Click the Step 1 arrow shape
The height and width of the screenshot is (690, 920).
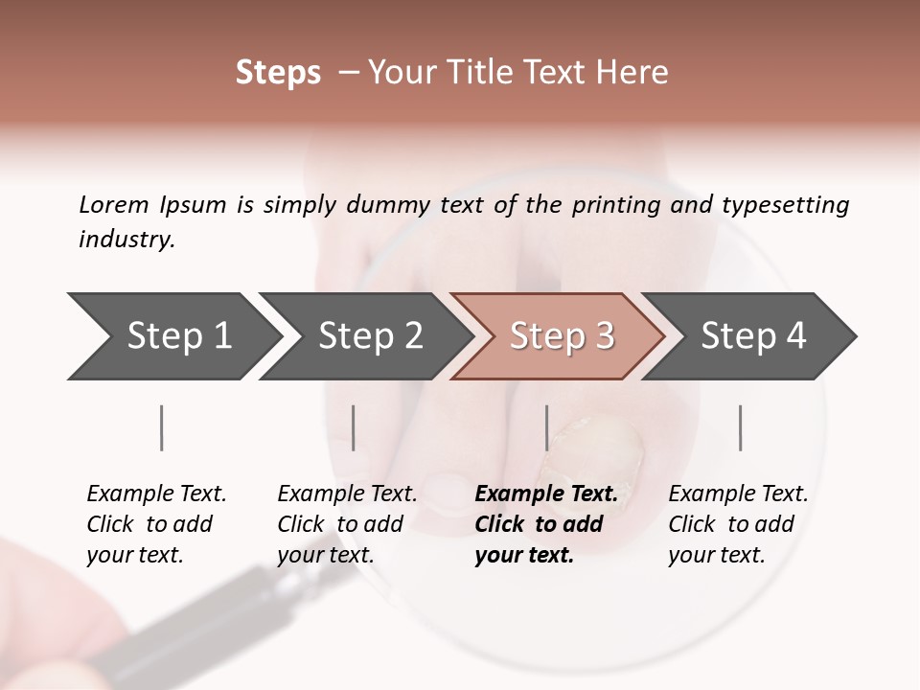(x=172, y=335)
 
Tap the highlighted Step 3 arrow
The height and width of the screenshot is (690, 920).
(x=560, y=335)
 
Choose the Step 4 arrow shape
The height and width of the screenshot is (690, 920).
(x=752, y=335)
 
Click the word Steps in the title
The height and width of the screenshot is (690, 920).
(x=278, y=73)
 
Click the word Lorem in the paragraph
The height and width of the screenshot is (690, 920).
(x=113, y=204)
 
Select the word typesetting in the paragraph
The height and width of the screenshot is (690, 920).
(x=786, y=204)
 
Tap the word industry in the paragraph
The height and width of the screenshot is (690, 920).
(x=126, y=239)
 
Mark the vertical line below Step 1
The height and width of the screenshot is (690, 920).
(x=161, y=427)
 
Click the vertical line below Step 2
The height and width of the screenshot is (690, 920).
(x=354, y=427)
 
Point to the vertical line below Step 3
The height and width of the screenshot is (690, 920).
(x=546, y=427)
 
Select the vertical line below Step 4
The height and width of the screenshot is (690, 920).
(x=740, y=427)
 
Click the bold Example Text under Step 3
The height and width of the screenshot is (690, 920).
(x=546, y=494)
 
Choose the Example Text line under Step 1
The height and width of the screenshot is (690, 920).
(x=156, y=494)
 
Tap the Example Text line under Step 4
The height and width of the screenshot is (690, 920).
(x=738, y=494)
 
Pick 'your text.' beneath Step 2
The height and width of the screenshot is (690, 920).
(x=326, y=554)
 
